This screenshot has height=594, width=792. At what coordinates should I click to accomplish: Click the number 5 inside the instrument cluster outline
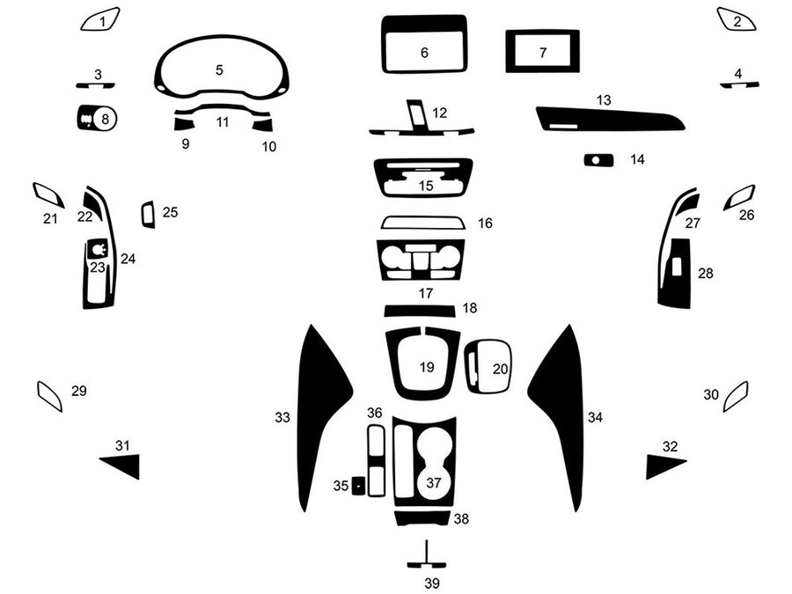(219, 70)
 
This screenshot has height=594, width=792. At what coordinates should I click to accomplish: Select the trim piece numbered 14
(599, 159)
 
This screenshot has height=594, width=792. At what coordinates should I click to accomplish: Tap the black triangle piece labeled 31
(124, 466)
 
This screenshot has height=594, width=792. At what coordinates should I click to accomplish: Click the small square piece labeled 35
(359, 486)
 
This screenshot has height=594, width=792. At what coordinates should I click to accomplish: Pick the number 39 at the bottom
(431, 583)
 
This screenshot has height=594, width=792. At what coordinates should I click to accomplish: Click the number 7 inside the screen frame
(543, 53)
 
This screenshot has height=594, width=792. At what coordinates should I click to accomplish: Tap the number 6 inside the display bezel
(424, 53)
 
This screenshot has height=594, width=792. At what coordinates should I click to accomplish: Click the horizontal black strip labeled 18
(419, 310)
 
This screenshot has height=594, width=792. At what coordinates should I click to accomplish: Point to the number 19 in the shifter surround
(427, 366)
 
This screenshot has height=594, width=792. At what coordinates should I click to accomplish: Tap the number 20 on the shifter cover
(500, 369)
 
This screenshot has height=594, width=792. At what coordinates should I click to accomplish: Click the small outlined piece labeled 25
(148, 214)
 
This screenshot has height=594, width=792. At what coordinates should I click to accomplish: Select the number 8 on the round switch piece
(106, 117)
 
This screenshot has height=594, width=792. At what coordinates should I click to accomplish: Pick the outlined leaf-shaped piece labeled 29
(49, 397)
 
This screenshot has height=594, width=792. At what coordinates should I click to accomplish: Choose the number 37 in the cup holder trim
(433, 482)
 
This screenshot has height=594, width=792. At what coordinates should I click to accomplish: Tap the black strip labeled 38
(422, 517)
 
